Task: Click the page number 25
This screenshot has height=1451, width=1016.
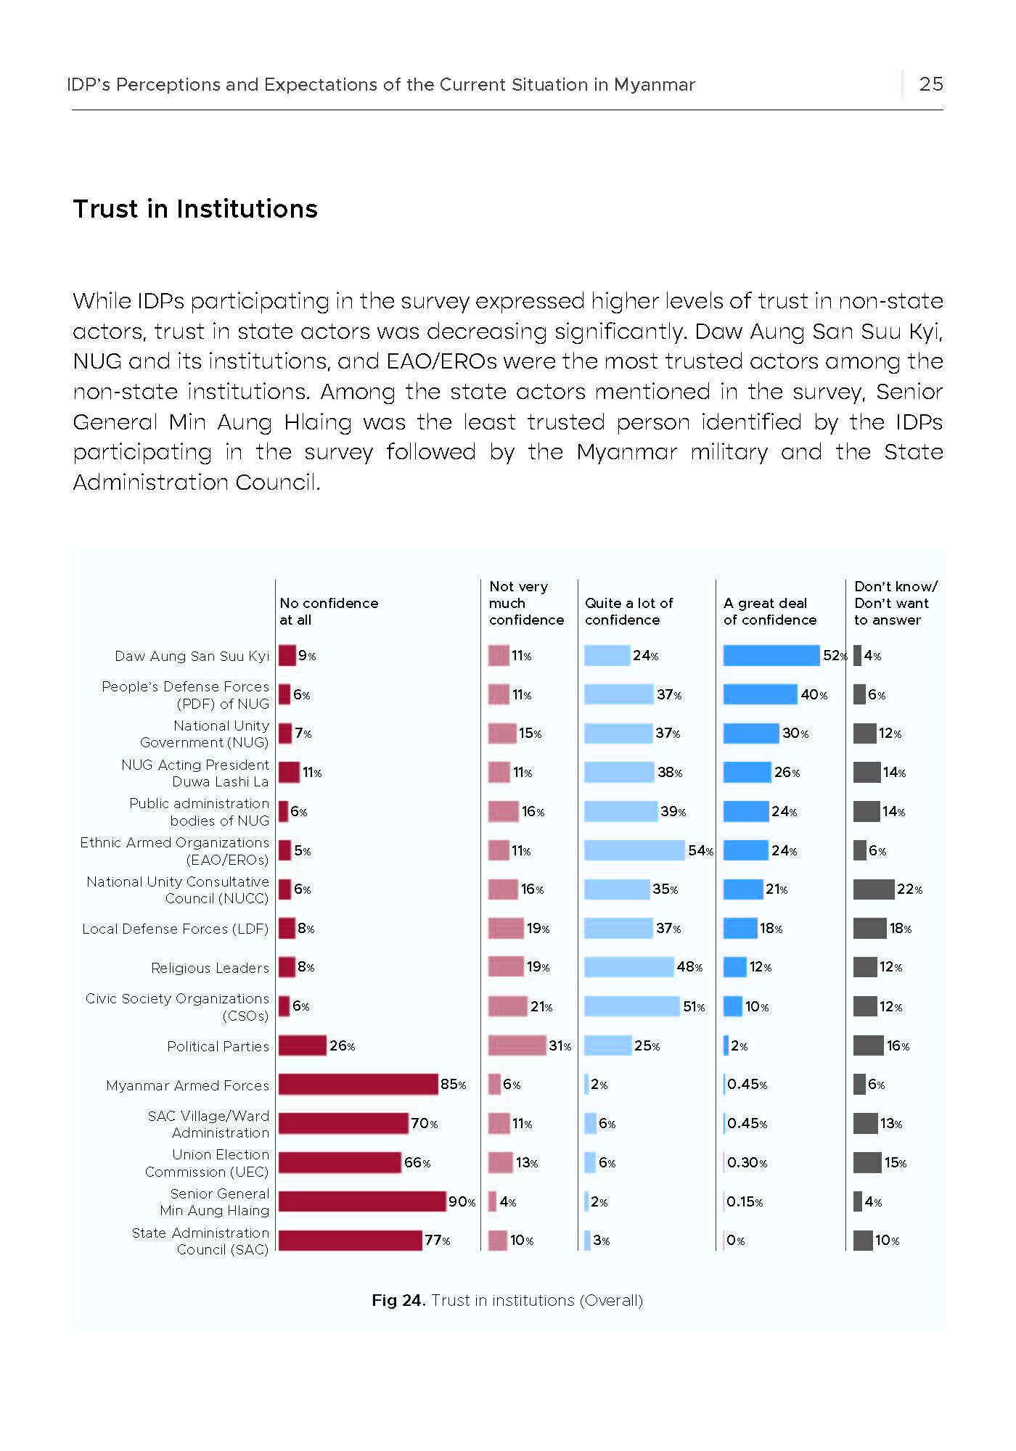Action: pos(931,84)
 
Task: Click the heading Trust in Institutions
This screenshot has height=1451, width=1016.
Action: pos(195,209)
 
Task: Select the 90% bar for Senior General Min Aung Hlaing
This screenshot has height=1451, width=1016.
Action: pos(362,1201)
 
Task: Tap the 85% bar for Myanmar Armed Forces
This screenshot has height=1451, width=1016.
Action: pos(359,1084)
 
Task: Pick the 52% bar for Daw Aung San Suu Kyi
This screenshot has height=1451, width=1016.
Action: pos(771,655)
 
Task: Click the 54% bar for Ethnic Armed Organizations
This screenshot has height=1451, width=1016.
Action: pos(634,850)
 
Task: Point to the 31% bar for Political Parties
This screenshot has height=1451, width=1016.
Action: pos(517,1045)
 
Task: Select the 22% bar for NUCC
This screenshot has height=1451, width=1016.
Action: pos(874,889)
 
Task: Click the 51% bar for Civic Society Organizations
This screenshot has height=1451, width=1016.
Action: pos(632,1006)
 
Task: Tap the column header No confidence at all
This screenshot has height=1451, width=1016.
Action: pos(329,612)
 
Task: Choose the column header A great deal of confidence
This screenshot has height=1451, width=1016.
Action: pos(770,612)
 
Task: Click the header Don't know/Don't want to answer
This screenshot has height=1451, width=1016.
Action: pos(896,603)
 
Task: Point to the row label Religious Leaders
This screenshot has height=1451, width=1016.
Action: pos(210,968)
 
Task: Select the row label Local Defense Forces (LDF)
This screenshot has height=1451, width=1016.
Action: pos(175,929)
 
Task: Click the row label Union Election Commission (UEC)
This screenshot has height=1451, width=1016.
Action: pos(207,1163)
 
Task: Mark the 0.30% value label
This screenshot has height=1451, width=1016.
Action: pos(747,1163)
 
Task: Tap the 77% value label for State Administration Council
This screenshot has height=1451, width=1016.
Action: pos(438,1241)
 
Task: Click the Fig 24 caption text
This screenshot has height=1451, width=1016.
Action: pos(507,1300)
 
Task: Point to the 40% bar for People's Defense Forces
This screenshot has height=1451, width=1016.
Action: pos(761,694)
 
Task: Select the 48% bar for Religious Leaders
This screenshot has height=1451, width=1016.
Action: pos(629,967)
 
